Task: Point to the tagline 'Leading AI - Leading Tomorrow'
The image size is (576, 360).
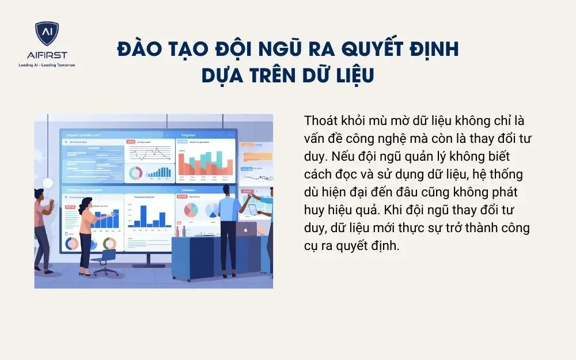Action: coord(47,65)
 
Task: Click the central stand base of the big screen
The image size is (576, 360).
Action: coord(151,264)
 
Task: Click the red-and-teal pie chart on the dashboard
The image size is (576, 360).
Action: coord(191,210)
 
